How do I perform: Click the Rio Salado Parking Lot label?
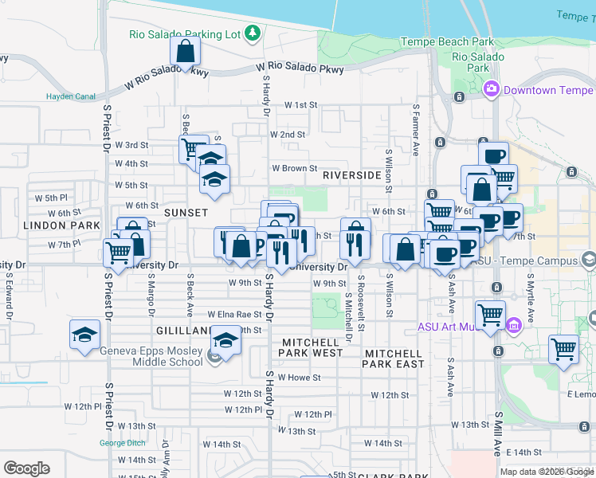pos(185,34)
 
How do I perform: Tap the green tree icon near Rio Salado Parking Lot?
pos(253,33)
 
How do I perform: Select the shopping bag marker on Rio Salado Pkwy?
pos(185,53)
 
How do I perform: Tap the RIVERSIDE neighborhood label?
pos(351,175)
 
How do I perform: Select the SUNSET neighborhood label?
pos(186,213)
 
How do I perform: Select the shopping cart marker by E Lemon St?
pos(563,349)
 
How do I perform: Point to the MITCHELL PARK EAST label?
pos(394,358)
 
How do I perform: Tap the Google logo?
pos(26,468)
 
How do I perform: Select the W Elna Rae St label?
pos(234,315)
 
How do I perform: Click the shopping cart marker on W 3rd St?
pos(191,148)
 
